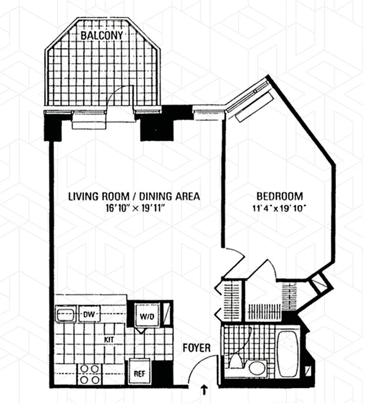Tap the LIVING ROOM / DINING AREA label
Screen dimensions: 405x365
[134, 196]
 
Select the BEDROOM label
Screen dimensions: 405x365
[279, 196]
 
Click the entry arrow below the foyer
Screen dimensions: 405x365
[204, 389]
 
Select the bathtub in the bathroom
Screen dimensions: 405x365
[289, 354]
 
